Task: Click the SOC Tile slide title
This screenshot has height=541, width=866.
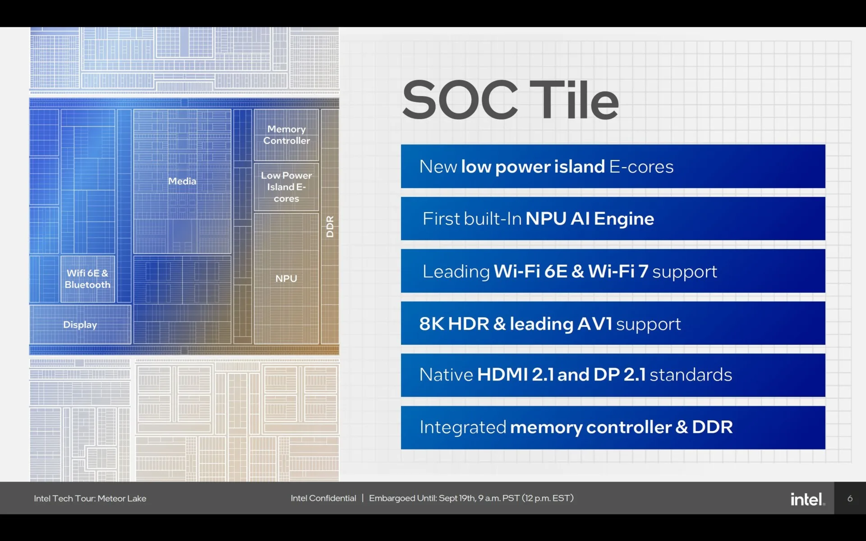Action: click(x=510, y=100)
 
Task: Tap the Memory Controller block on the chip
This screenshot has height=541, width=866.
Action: click(x=286, y=135)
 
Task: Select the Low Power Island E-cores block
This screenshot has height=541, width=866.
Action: click(x=286, y=187)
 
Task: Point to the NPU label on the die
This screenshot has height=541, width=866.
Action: click(x=286, y=279)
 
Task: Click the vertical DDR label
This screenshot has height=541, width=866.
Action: click(x=330, y=226)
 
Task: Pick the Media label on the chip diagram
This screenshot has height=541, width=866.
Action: click(x=182, y=181)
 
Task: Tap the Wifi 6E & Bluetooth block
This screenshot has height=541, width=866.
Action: click(x=88, y=279)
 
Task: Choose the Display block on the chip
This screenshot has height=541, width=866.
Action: click(x=80, y=325)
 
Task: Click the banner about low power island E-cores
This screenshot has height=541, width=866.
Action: click(x=613, y=166)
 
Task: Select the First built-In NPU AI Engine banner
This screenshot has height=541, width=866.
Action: click(x=613, y=219)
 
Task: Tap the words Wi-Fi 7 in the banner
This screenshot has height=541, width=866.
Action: click(x=618, y=271)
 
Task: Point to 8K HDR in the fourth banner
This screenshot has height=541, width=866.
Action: click(x=454, y=324)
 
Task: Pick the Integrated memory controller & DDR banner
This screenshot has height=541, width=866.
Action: click(x=613, y=427)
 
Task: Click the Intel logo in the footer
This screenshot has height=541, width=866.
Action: click(x=808, y=499)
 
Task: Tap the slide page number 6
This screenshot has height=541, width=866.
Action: click(x=850, y=499)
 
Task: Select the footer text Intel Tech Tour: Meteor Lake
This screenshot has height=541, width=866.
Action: click(x=90, y=499)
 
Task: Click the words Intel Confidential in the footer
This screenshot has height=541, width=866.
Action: click(x=323, y=498)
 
